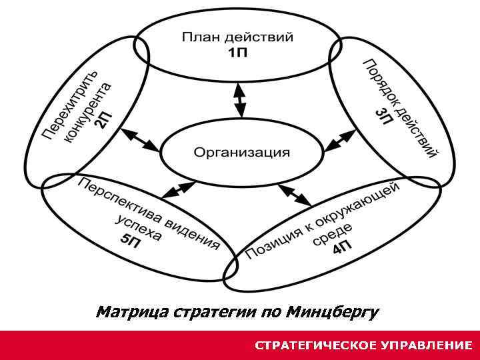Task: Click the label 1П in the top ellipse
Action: (237, 53)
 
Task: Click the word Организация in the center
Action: (242, 153)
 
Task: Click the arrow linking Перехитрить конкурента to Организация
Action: (141, 139)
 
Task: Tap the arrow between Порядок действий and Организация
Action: (341, 139)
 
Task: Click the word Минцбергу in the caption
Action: (334, 312)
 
